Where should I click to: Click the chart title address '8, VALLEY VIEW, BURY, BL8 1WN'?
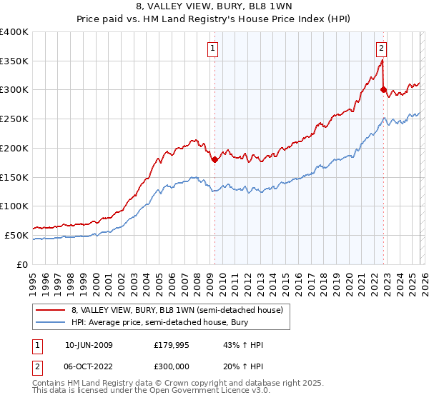tap(214, 8)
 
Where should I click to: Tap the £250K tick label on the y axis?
tap(14, 119)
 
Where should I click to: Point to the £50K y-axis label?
tap(16, 235)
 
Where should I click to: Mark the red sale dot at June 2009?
tap(214, 160)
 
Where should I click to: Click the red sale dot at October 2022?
tap(383, 90)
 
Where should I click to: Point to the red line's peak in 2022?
tap(382, 60)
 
